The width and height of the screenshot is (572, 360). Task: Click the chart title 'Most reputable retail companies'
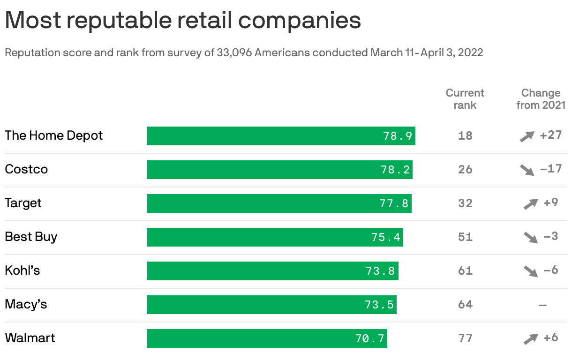pos(183,21)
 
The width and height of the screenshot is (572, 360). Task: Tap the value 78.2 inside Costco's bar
pos(395,170)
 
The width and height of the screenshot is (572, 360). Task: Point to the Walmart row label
pos(30,338)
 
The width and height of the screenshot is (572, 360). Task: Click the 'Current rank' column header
pos(465,99)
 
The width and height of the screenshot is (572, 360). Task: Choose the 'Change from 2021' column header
pos(541,99)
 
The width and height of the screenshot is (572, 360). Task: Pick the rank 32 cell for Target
pos(465,203)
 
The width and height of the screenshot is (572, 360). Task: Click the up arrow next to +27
pos(527,136)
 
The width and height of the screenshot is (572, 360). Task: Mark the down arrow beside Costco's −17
pos(527,170)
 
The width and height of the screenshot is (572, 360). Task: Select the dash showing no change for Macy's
pos(542,305)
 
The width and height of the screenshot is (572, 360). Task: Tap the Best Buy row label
pos(31,237)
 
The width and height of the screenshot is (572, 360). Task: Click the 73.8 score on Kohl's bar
pos(380,271)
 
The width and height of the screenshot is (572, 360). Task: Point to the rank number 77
pos(465,338)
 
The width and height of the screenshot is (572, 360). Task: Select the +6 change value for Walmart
pos(550,337)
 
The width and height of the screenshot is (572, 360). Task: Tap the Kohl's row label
pos(23,270)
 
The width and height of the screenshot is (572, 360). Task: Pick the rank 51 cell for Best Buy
pos(465,237)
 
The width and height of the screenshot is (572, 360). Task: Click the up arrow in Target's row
pos(531,204)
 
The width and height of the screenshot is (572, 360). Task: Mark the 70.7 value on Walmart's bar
pos(370,338)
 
